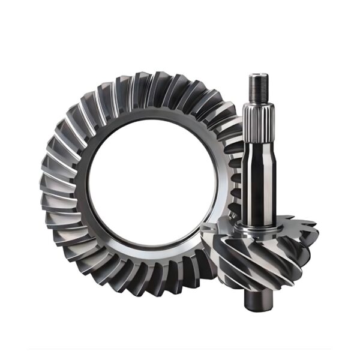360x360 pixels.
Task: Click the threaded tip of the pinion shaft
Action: tap(256, 86)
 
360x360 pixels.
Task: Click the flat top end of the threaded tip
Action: tap(256, 74)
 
